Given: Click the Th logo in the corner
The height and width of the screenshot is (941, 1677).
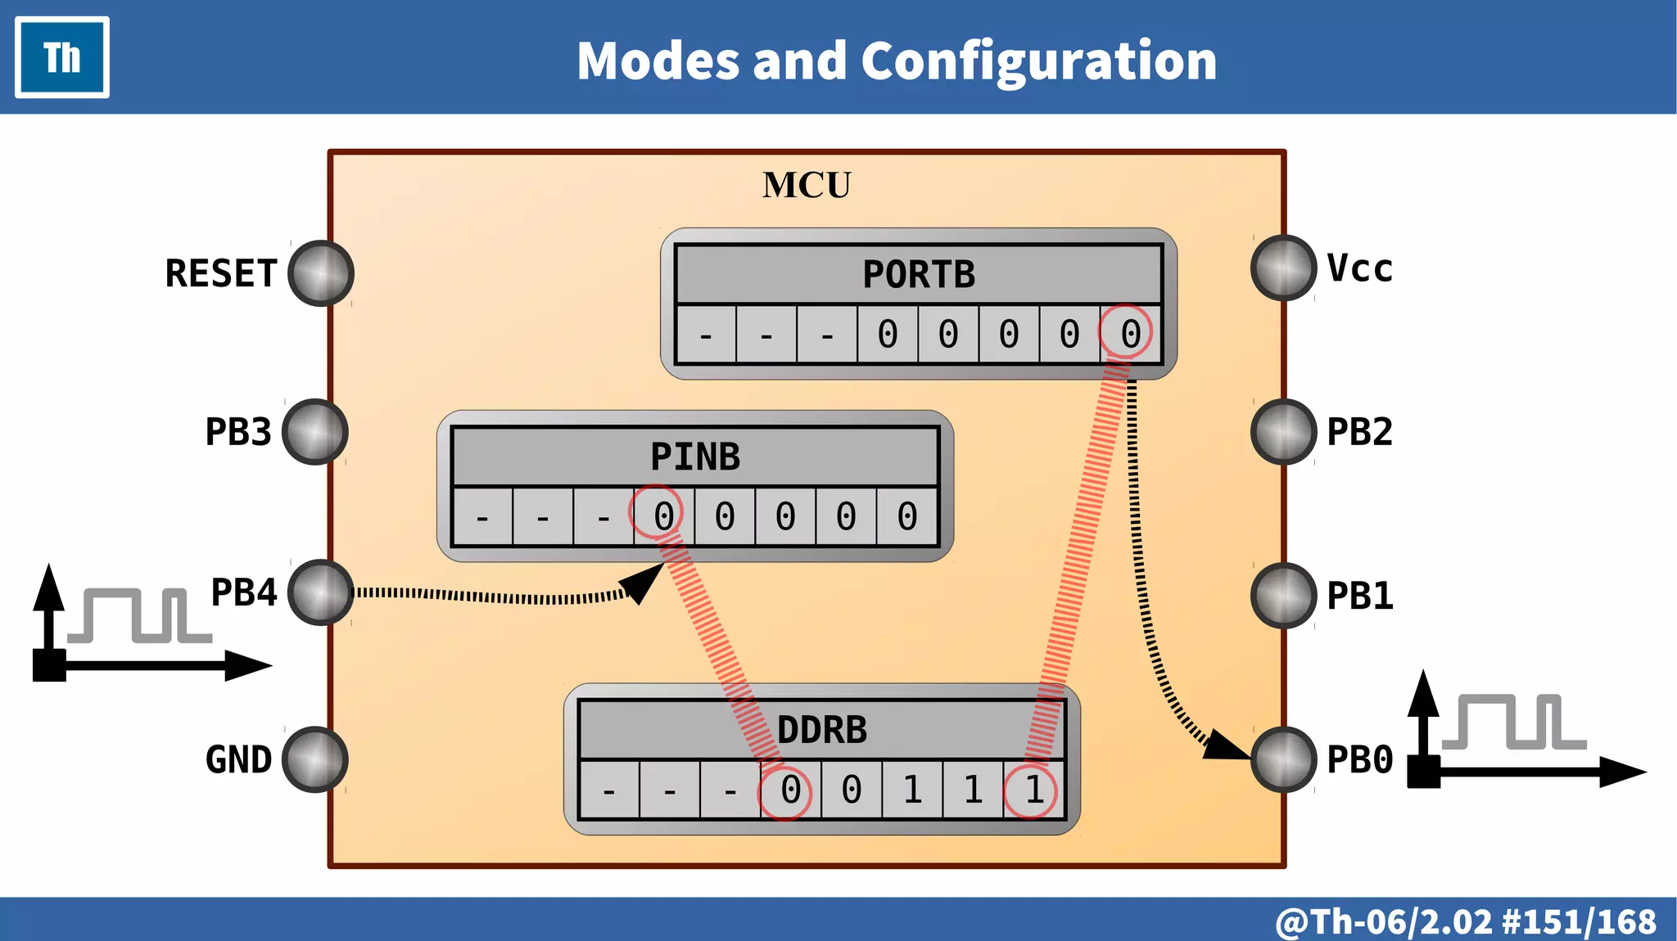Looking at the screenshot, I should tap(62, 57).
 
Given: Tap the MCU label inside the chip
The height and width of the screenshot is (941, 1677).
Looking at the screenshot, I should tap(807, 185).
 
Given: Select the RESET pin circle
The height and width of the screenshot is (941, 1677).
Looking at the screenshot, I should tap(321, 273).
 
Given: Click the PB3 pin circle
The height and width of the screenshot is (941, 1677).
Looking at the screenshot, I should tap(315, 432).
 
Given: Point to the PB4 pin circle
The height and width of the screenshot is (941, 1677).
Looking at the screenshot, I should tap(321, 592).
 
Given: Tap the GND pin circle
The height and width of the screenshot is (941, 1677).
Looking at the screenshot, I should tap(315, 759).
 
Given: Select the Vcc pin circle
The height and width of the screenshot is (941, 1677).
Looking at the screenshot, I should tap(1283, 268).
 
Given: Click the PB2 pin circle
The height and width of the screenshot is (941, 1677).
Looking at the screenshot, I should tap(1283, 432).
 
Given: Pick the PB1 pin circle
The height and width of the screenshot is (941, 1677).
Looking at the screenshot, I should tap(1283, 596).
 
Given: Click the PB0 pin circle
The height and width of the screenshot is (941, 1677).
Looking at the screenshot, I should tap(1283, 759).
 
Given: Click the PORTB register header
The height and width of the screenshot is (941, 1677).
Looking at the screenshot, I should tap(919, 274).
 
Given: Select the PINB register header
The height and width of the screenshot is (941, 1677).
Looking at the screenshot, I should tap(694, 457).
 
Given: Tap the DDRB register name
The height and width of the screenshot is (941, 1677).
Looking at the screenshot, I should tap(821, 730).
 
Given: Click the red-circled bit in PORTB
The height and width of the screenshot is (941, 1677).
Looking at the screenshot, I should tap(1130, 333).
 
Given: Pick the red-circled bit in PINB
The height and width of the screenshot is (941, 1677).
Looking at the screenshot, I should tap(662, 516).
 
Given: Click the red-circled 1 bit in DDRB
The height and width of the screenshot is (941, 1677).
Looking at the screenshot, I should tap(1033, 790).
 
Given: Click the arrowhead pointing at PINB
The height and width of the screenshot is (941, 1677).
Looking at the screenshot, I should tap(643, 582).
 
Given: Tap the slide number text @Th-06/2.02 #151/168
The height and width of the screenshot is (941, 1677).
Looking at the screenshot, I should tap(1466, 921).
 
